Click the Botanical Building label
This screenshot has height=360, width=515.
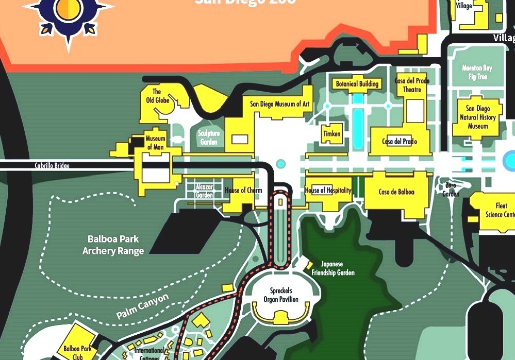[357, 84]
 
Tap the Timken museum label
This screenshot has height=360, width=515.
[332, 134]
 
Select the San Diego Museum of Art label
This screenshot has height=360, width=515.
[280, 104]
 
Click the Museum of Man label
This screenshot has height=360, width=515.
[155, 143]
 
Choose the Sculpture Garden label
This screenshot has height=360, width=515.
[209, 138]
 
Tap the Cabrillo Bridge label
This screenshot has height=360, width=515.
[52, 166]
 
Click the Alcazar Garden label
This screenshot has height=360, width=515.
[204, 191]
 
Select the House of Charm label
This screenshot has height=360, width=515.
[243, 191]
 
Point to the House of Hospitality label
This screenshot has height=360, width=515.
[328, 191]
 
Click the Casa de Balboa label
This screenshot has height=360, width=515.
[396, 192]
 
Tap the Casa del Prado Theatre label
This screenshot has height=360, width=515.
[408, 85]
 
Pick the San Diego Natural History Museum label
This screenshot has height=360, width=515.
[477, 117]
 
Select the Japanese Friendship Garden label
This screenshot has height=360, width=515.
[338, 268]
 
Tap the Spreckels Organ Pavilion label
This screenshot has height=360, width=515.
[280, 295]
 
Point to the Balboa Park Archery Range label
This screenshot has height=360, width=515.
[113, 245]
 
